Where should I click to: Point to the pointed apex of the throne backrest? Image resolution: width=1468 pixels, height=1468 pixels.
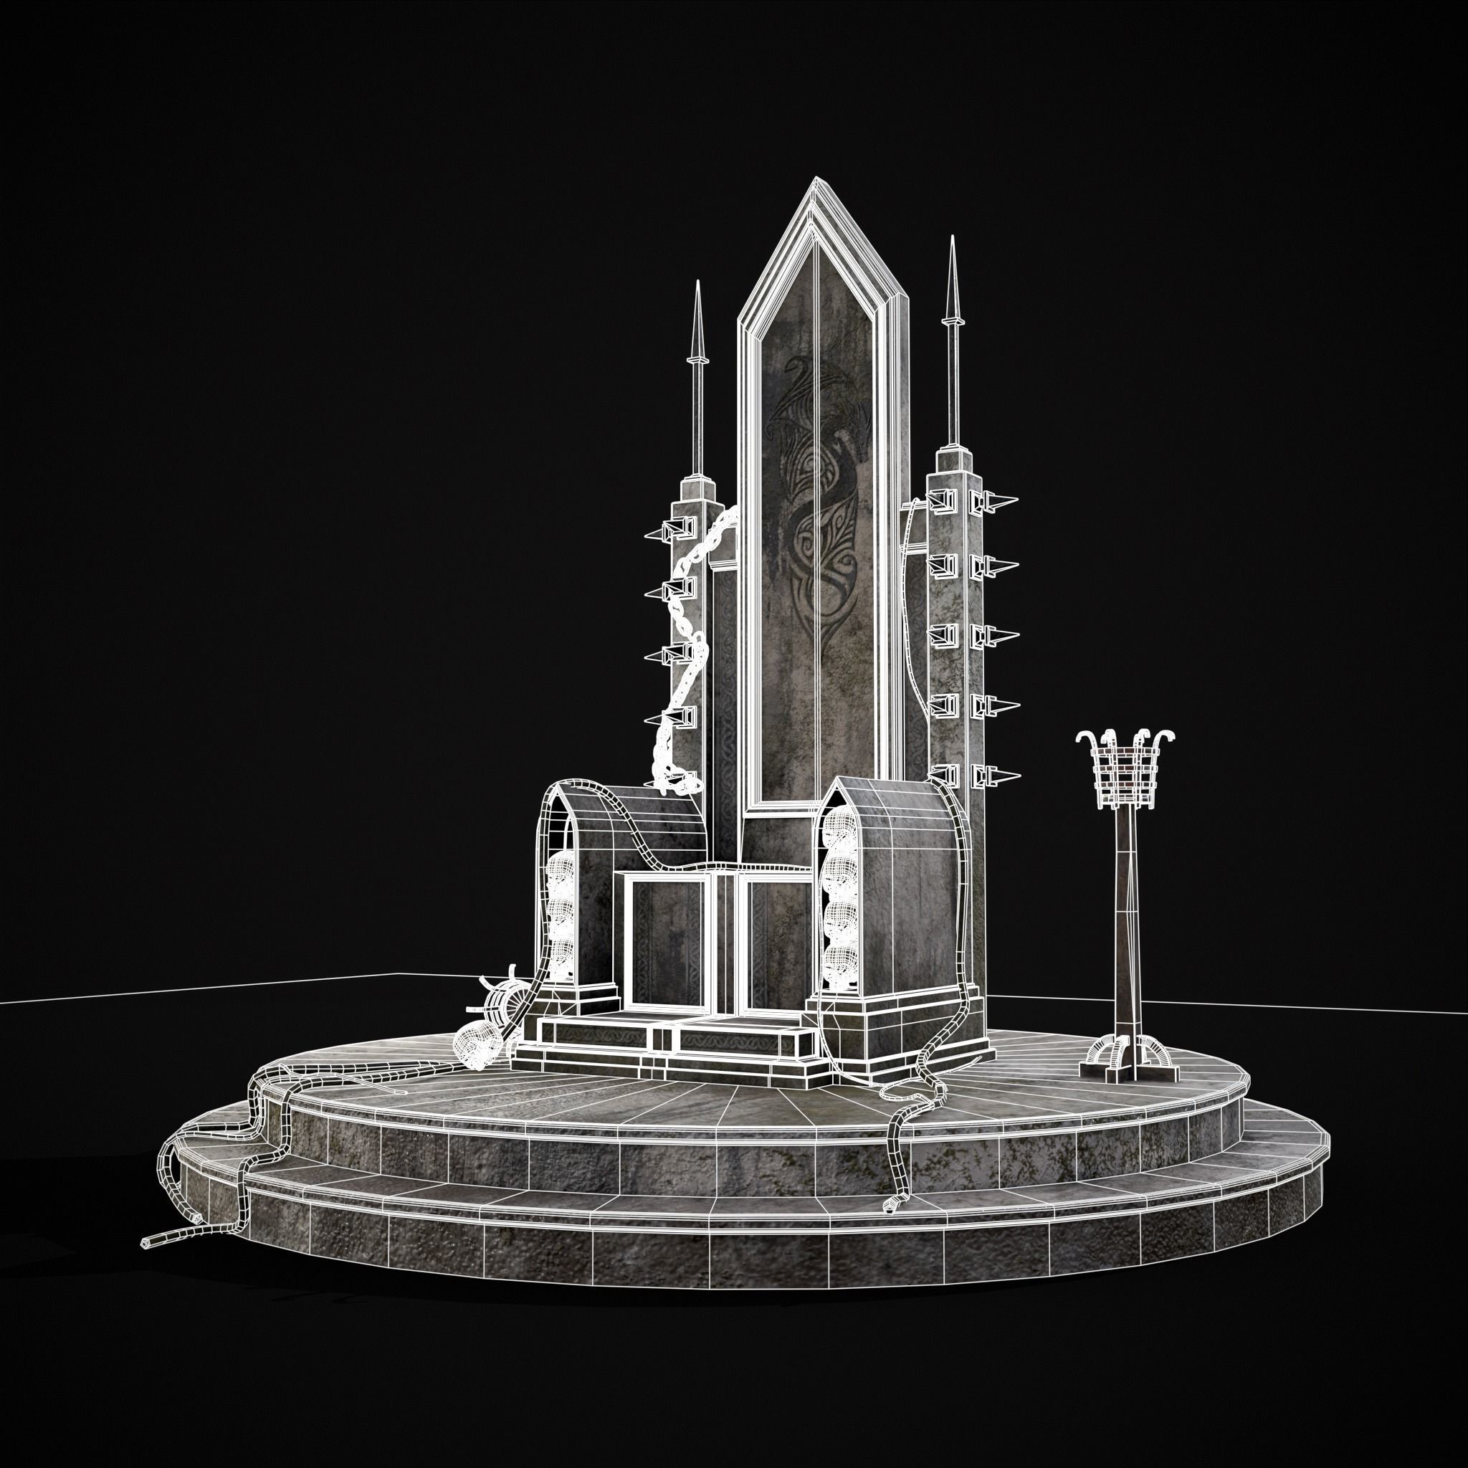817,179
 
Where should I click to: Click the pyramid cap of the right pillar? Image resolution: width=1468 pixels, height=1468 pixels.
953,457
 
